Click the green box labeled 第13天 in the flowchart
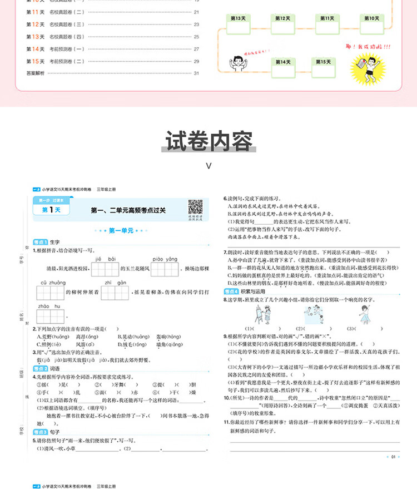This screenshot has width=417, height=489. coord(237,18)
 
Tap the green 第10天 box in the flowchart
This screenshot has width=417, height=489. coord(372,18)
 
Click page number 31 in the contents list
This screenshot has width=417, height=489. coord(196,73)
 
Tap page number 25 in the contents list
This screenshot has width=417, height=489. coord(196,37)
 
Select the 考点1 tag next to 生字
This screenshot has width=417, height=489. coord(40,243)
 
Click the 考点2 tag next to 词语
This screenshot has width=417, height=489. coord(40,369)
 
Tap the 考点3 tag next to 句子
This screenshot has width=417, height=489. coord(40,432)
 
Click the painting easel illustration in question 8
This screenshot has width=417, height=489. coord(260,315)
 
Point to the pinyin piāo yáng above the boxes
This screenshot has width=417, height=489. coord(163,259)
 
